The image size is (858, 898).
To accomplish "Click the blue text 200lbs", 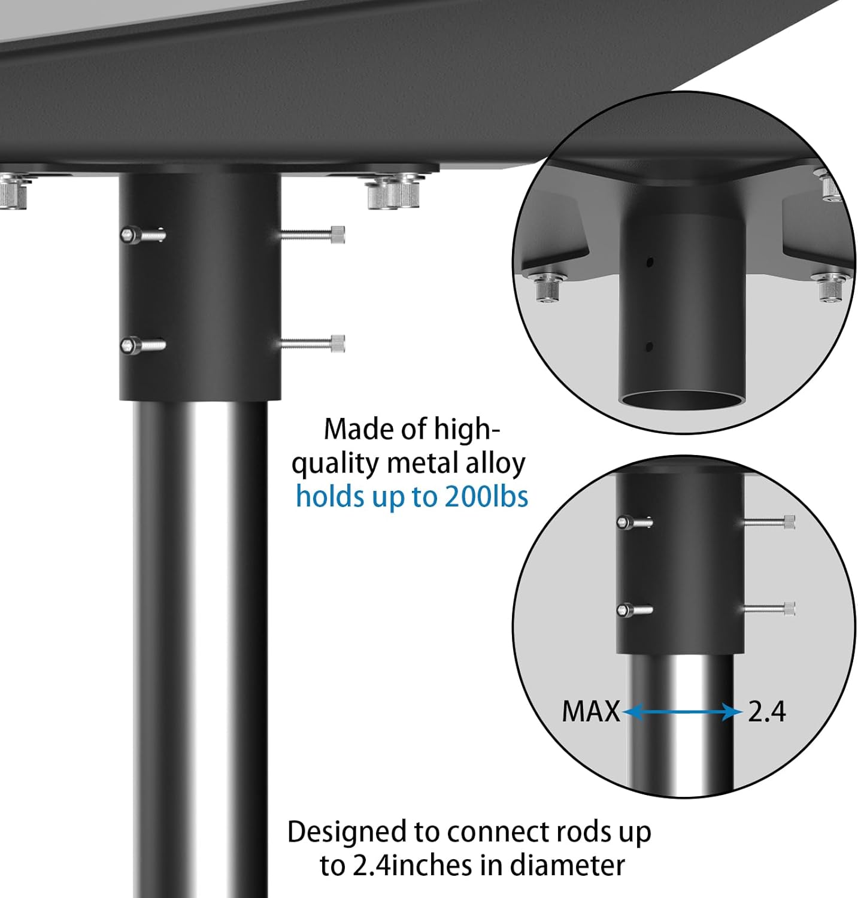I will (486, 497).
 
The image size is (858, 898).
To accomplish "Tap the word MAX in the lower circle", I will (590, 712).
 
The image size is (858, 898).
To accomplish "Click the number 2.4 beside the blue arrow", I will (766, 712).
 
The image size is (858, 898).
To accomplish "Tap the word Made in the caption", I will (349, 429).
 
